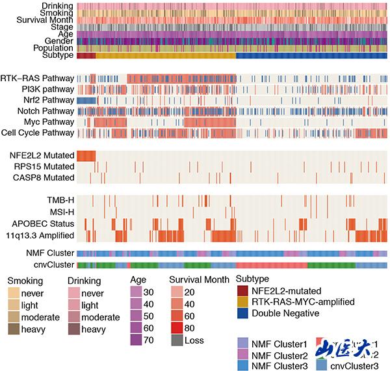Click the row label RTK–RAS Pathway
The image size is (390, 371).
[37, 79]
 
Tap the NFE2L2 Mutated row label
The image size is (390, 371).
[42, 155]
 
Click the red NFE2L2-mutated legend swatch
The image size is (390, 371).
[243, 290]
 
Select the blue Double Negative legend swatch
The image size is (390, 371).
[243, 313]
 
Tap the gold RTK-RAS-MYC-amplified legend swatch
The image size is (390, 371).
[243, 301]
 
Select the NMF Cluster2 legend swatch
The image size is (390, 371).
[244, 356]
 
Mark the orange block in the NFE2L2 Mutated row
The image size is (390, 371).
[86, 155]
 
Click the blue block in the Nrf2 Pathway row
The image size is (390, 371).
[86, 101]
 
